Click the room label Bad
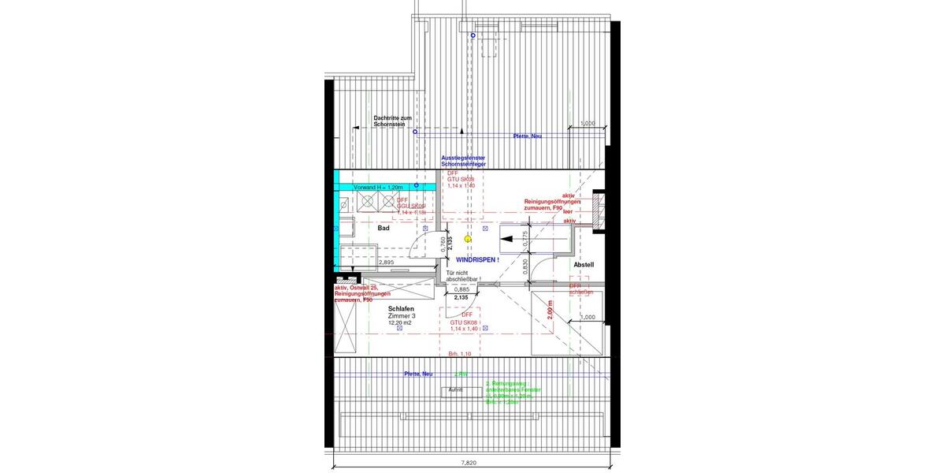pyautogui.click(x=384, y=228)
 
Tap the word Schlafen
pyautogui.click(x=402, y=309)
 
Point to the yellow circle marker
pyautogui.click(x=468, y=237)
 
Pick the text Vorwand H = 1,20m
pyautogui.click(x=378, y=187)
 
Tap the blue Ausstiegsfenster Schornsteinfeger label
pyautogui.click(x=463, y=161)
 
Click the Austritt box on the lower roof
pyautogui.click(x=455, y=390)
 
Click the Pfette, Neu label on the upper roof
pyautogui.click(x=527, y=136)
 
